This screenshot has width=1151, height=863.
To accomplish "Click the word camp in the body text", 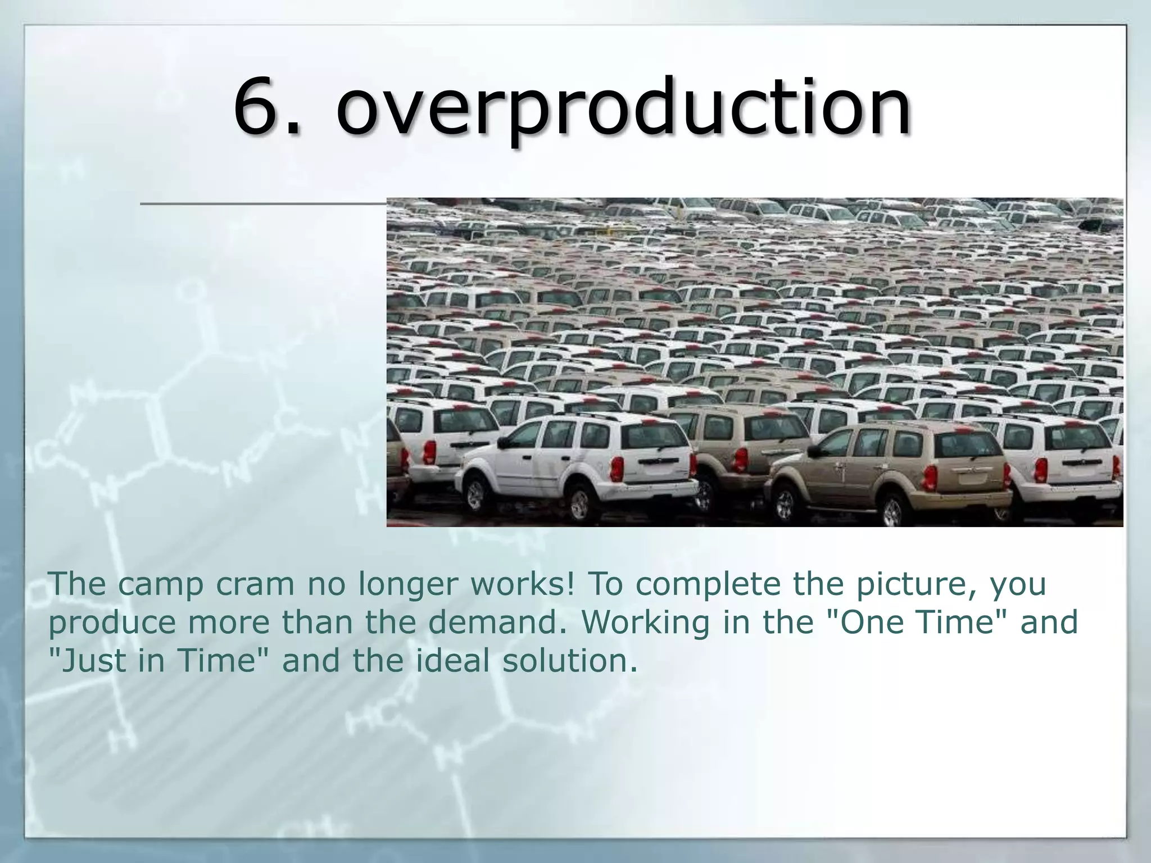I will click(160, 584).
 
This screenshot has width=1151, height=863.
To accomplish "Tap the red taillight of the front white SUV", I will click(617, 468).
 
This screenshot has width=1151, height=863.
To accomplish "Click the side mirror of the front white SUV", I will click(503, 443).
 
